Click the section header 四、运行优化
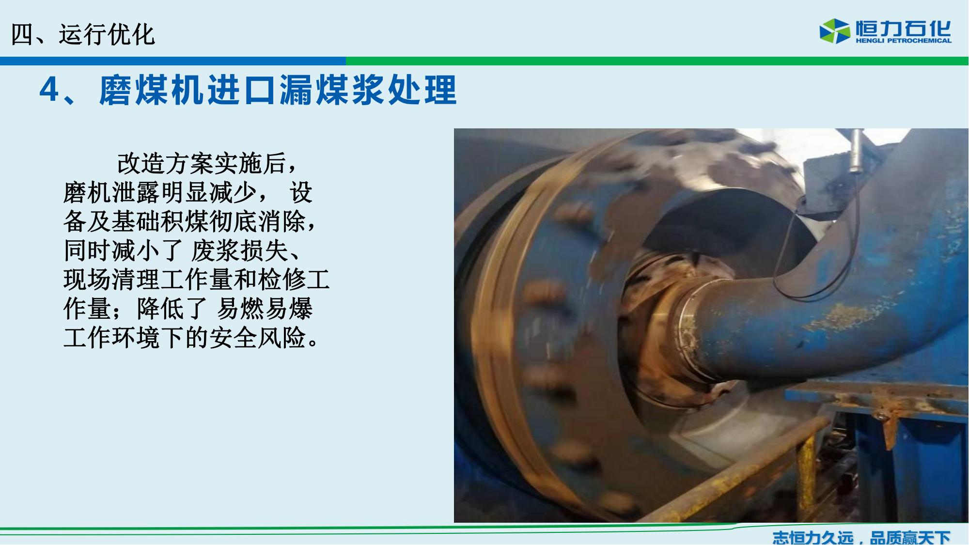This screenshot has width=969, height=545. click(83, 34)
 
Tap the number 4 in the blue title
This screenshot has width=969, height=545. click(49, 90)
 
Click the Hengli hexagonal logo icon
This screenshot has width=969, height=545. click(835, 31)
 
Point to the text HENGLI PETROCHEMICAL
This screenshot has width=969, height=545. click(904, 41)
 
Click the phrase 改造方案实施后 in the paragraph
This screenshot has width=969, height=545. click(201, 164)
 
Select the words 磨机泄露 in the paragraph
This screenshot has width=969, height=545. click(112, 193)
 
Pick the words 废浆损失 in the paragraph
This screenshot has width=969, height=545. click(239, 250)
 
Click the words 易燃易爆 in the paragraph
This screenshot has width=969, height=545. click(265, 309)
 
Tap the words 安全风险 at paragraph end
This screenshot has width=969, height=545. click(257, 338)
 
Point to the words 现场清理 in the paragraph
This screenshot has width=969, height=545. click(112, 280)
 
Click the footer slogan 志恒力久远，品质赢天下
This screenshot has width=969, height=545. click(861, 538)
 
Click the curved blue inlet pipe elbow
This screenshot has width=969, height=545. click(824, 310)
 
